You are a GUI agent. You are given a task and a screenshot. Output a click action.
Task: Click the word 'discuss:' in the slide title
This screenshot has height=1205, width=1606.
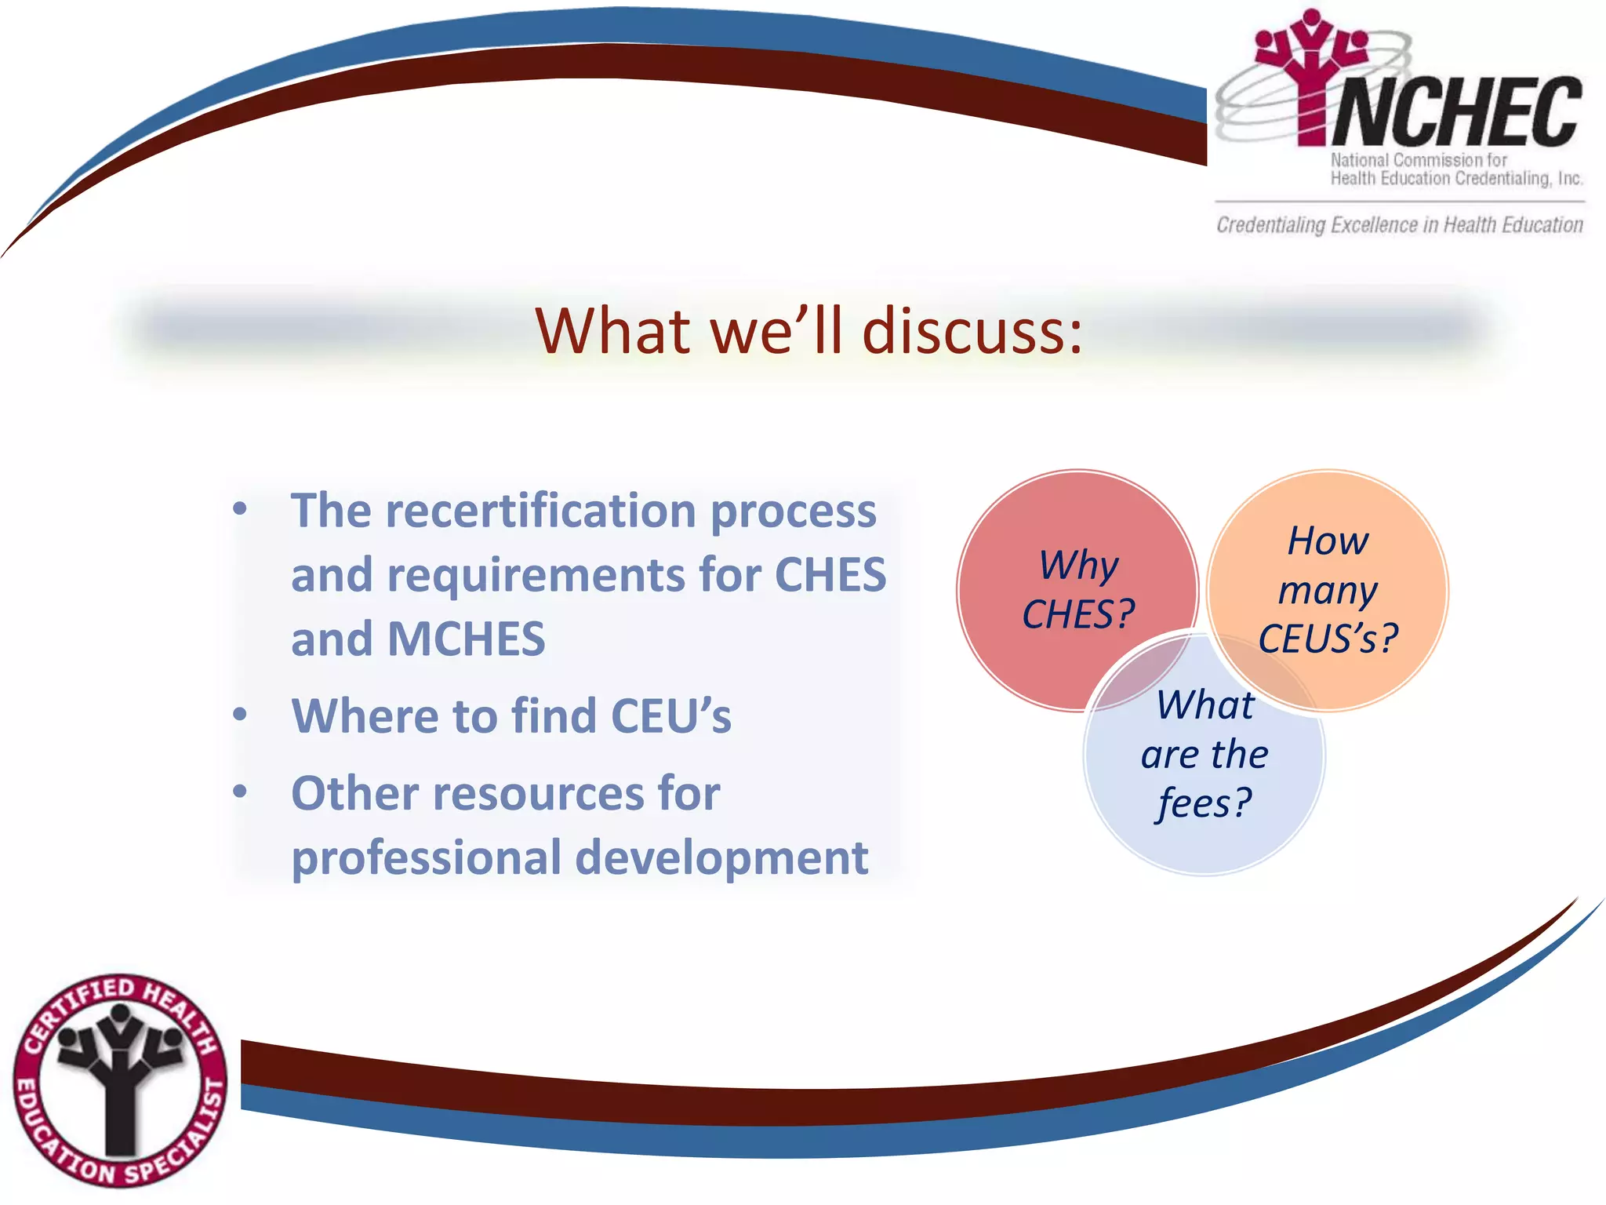[972, 331]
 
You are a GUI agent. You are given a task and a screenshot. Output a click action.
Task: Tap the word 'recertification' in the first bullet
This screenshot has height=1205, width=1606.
[540, 511]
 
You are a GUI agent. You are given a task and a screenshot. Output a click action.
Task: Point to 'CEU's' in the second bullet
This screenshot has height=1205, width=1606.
[670, 716]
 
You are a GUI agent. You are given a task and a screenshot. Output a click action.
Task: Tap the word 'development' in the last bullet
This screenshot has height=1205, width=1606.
[721, 858]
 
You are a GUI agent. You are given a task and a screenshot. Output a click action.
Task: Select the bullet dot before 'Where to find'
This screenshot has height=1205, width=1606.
[240, 715]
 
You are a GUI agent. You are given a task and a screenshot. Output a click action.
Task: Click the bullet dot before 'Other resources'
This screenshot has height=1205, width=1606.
[240, 792]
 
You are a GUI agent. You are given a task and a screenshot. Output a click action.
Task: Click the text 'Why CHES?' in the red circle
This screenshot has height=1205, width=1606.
[1078, 590]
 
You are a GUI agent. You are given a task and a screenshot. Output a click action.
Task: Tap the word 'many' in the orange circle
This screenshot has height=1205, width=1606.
[1328, 590]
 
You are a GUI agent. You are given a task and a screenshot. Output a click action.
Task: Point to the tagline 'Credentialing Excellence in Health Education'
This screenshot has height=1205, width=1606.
[1400, 225]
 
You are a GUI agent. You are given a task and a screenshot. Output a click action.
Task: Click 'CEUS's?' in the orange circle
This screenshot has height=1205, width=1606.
[1328, 639]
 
